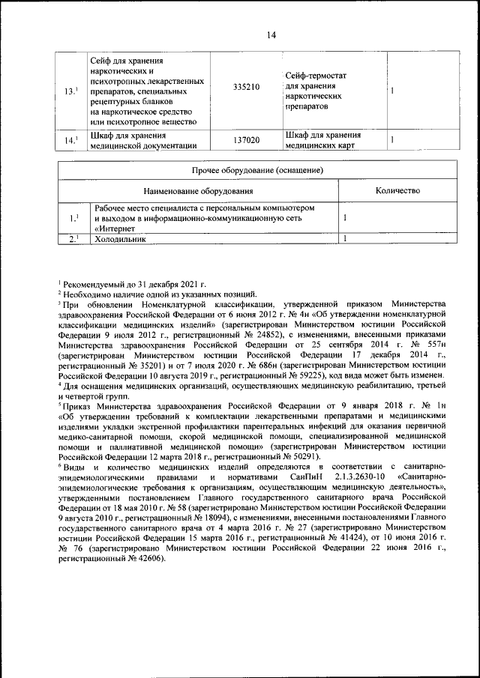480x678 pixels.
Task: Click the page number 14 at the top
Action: tap(271, 34)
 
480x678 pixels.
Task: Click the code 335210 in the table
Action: tap(247, 88)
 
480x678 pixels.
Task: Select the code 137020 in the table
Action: tap(247, 140)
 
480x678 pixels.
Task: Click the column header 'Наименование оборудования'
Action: tap(199, 191)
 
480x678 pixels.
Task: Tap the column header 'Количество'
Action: tap(397, 191)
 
